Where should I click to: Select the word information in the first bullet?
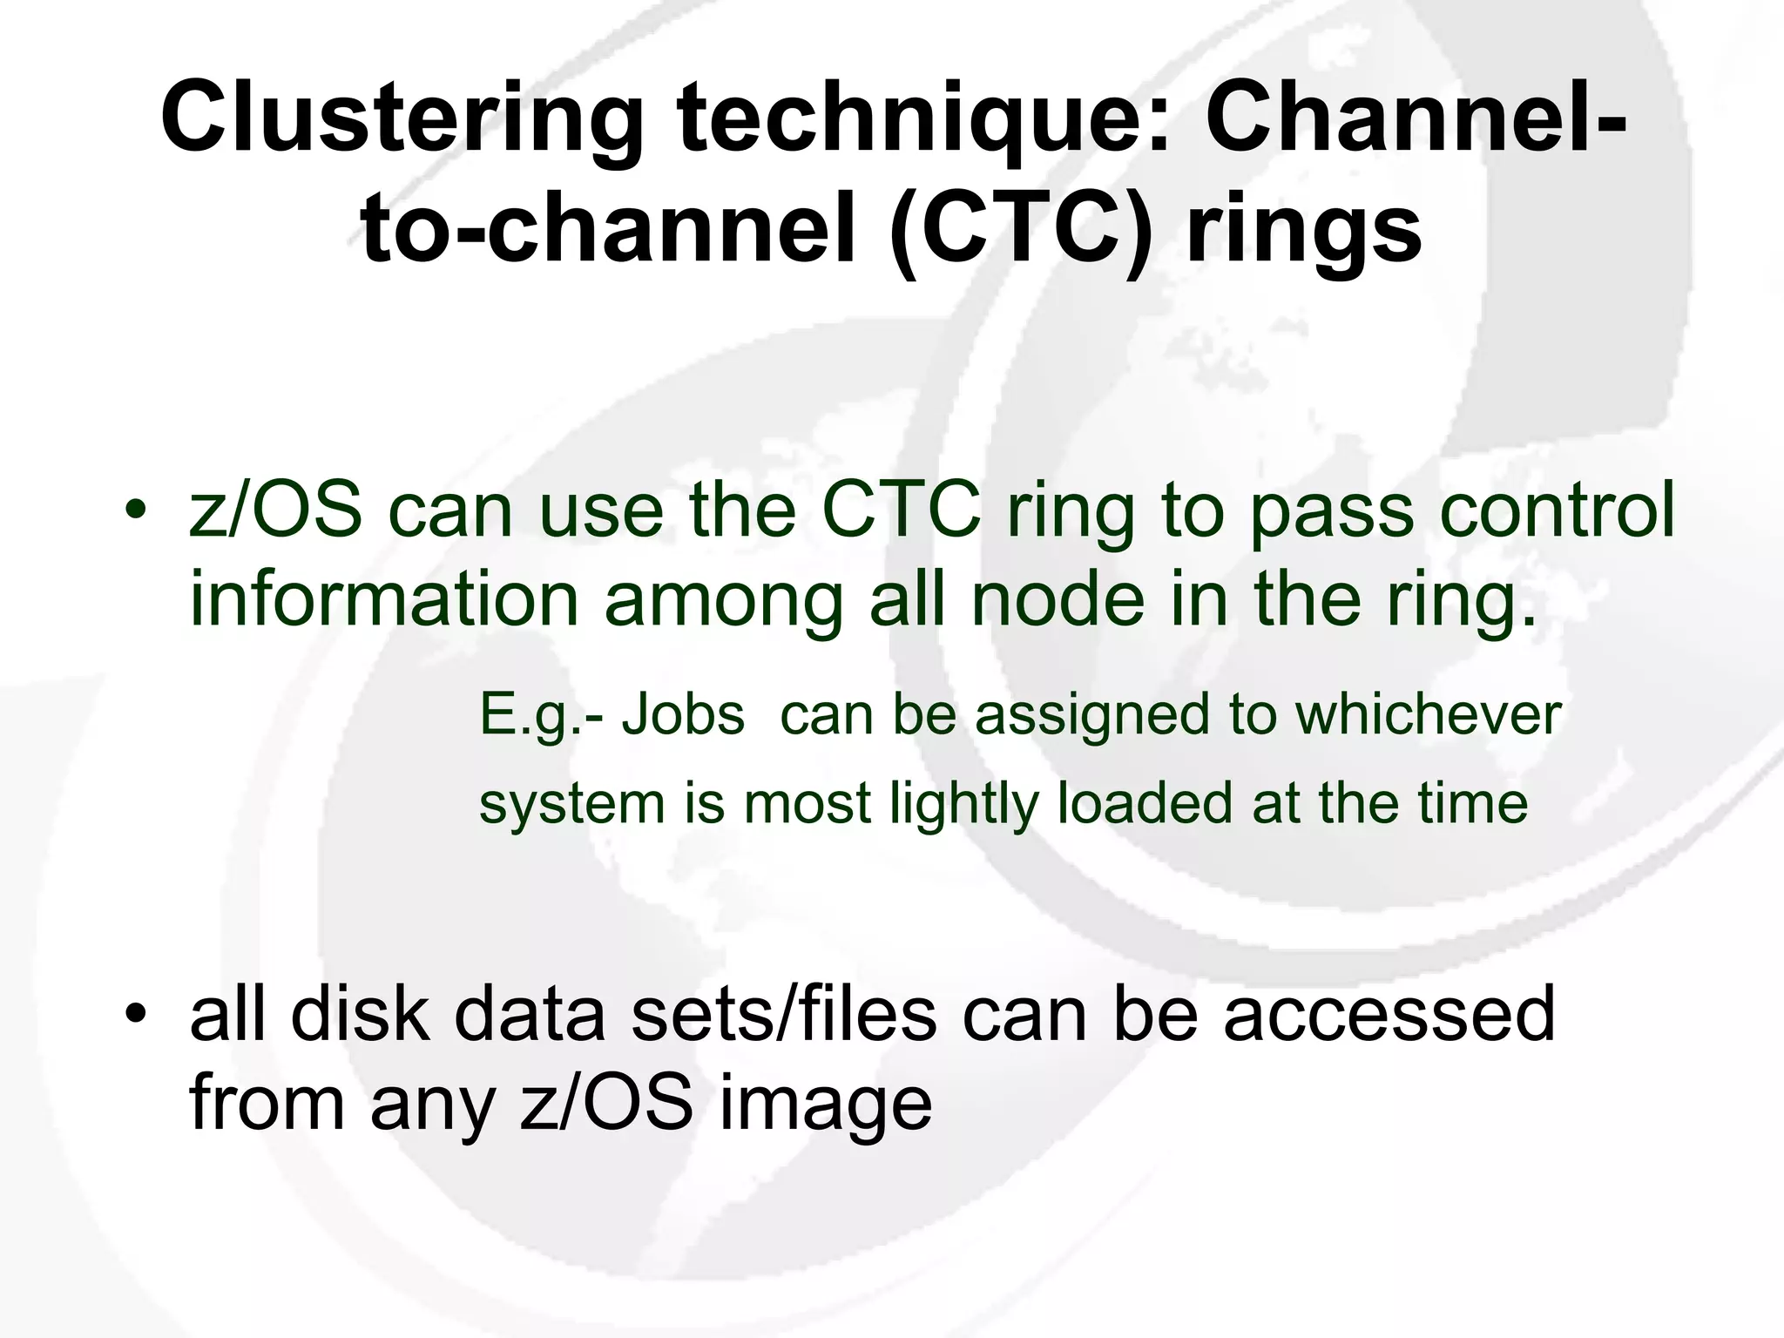(x=384, y=601)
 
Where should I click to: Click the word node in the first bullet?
(x=1057, y=601)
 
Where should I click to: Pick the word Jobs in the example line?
(x=683, y=715)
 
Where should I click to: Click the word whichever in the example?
(x=1428, y=715)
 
